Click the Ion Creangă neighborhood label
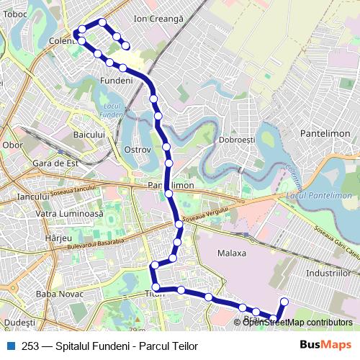159,17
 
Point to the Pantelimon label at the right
325,134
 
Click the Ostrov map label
137,150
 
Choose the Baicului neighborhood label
90,135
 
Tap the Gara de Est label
55,163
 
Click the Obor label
13,145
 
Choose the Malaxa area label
232,253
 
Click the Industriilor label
328,274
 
